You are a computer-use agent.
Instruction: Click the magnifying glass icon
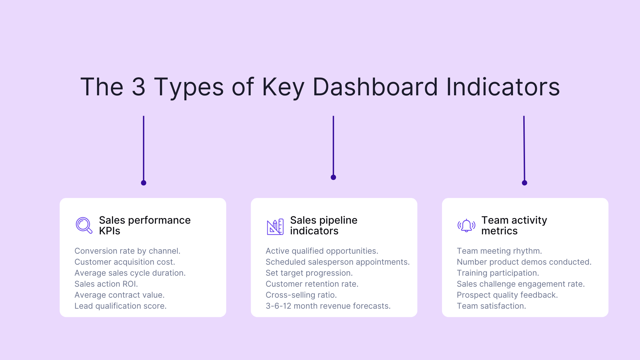pos(84,225)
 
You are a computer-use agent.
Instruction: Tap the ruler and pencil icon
pos(275,227)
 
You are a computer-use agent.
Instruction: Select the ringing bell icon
pos(466,226)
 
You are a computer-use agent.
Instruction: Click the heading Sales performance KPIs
pos(144,225)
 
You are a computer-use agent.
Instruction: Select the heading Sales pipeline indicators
pos(323,225)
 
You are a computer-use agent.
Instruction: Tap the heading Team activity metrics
pos(514,225)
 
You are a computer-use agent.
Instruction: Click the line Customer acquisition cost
pos(125,262)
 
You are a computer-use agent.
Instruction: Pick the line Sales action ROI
pos(106,284)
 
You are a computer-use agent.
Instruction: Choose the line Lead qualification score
pos(120,306)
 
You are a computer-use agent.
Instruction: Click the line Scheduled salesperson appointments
pos(337,262)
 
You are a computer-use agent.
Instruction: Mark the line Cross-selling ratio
pos(301,295)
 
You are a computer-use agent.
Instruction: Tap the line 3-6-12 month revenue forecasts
pos(328,306)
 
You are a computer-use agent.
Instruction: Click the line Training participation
pos(498,273)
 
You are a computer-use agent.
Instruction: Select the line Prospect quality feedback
pos(507,295)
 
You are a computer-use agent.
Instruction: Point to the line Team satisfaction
pos(491,306)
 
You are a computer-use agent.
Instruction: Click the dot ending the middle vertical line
pos(333,177)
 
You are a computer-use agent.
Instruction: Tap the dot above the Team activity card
pos(524,183)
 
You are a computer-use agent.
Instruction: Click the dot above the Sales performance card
pos(144,183)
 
